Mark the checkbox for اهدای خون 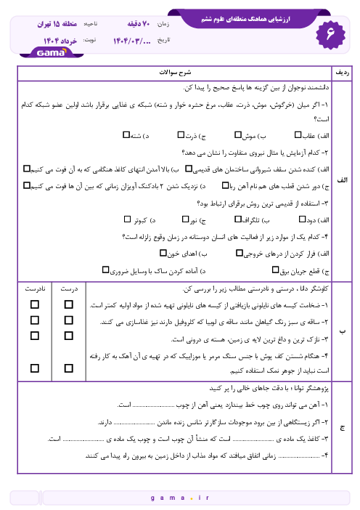click(161, 254)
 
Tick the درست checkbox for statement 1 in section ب click(70, 304)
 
